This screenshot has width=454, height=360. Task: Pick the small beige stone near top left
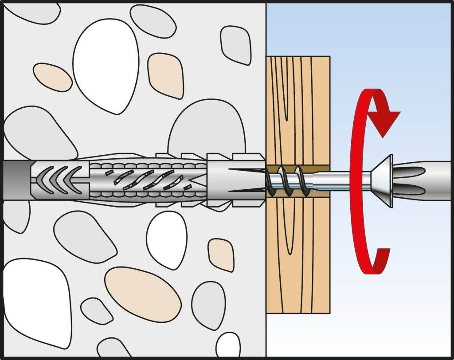(x=52, y=77)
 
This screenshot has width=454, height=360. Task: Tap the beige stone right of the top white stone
(x=166, y=75)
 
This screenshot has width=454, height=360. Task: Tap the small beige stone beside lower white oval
(x=221, y=254)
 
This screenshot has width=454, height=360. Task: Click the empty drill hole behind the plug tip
(x=16, y=180)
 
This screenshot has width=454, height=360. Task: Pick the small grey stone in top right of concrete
(x=235, y=44)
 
